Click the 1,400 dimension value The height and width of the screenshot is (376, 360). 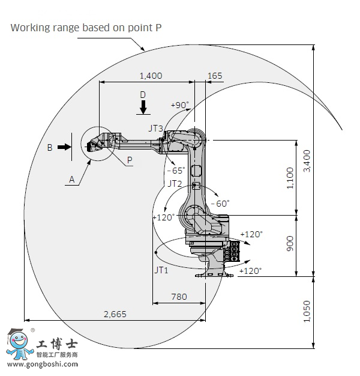click(x=151, y=76)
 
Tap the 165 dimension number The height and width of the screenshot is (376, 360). click(x=215, y=76)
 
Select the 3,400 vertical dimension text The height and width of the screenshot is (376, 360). click(x=307, y=161)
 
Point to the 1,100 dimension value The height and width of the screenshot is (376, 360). click(x=290, y=178)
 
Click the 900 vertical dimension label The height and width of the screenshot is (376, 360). click(x=290, y=244)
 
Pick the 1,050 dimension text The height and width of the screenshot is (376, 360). click(x=307, y=312)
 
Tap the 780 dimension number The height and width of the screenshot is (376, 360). click(x=179, y=297)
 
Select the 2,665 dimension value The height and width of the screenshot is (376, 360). click(x=115, y=314)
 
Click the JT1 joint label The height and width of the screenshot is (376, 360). click(x=161, y=270)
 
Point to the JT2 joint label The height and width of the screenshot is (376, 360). click(x=175, y=184)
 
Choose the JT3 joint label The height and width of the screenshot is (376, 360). click(x=155, y=129)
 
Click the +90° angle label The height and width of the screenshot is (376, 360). click(x=180, y=105)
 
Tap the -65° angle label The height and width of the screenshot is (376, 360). click(x=176, y=171)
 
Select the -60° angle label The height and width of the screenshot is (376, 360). click(x=220, y=204)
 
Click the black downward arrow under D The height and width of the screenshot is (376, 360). click(x=143, y=107)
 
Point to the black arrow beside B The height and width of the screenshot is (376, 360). click(x=64, y=147)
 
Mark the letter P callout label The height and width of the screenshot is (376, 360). click(x=130, y=160)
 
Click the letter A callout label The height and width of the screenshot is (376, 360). click(x=71, y=180)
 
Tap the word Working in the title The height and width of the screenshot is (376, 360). click(x=31, y=28)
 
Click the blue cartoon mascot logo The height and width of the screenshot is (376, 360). click(x=19, y=344)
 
